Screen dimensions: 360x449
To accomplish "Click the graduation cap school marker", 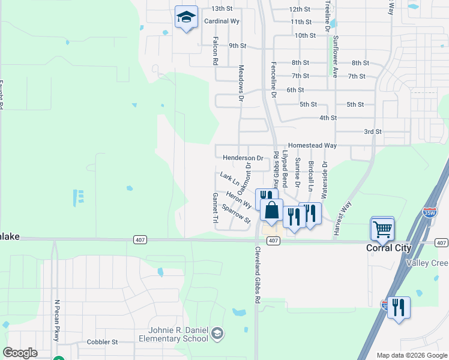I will [186, 17].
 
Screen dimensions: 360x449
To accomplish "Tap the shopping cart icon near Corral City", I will [382, 228].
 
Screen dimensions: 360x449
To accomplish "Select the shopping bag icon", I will [271, 211].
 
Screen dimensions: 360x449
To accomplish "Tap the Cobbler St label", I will [102, 342].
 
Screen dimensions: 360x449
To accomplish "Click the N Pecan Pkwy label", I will [58, 320].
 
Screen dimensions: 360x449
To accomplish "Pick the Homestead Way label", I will [312, 145].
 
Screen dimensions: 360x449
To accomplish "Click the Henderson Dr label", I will [243, 158].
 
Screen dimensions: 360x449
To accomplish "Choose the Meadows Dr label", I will [241, 83].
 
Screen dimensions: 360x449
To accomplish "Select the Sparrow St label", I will [236, 214].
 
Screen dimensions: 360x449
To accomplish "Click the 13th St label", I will [221, 9].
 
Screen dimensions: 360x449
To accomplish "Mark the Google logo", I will [20, 353].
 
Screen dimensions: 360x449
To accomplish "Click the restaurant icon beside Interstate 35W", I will [399, 308].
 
